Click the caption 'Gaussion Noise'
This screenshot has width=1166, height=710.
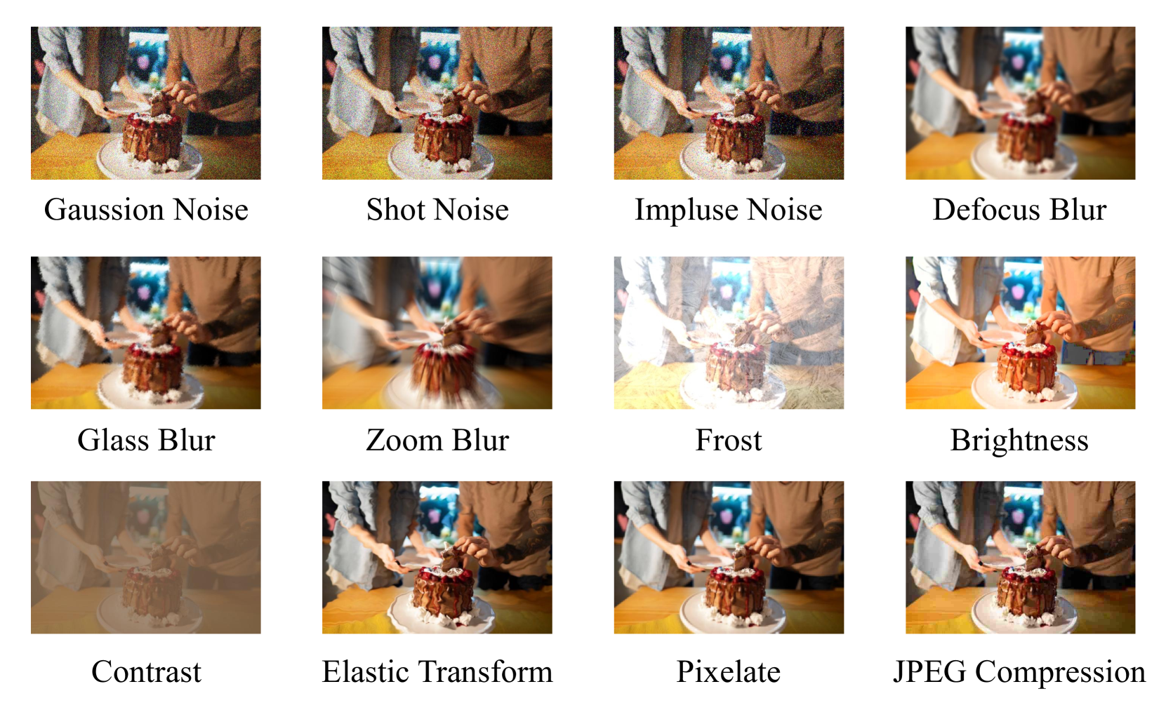146,210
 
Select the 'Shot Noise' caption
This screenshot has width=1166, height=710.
437,210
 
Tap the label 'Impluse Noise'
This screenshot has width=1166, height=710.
728,210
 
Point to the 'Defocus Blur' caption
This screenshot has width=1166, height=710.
1019,210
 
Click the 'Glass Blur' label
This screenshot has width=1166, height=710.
146,440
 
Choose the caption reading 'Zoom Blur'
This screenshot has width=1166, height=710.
437,440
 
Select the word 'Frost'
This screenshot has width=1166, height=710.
728,440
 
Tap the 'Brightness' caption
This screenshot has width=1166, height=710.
1019,441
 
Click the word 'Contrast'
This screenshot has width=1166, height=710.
146,671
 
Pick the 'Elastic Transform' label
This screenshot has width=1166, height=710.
437,671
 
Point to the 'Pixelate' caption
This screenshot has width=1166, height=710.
728,671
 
